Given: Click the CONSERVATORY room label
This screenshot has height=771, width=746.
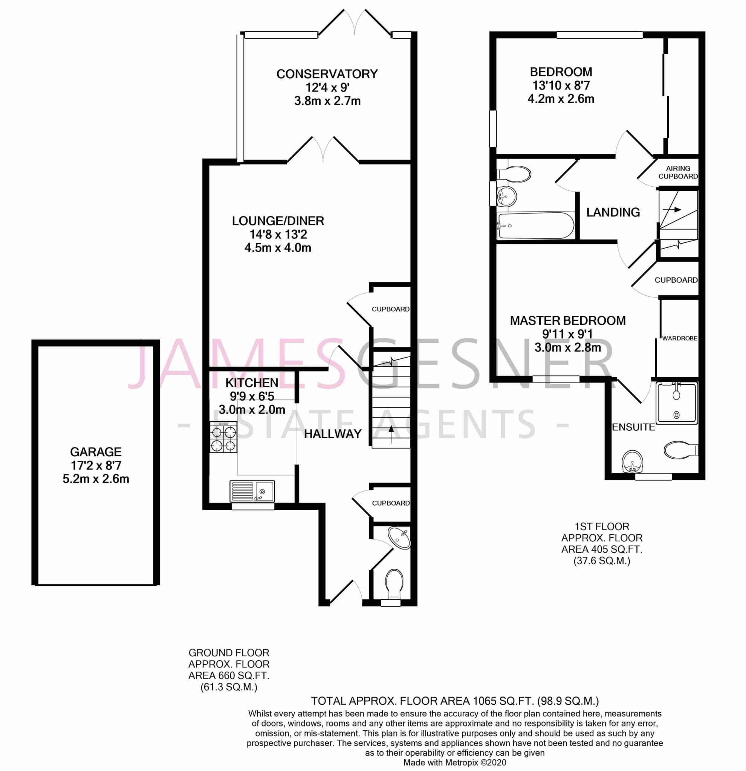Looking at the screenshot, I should (x=327, y=74).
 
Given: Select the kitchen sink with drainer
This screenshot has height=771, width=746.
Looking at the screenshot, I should (x=252, y=491).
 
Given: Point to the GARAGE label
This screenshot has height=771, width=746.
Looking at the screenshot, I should (x=96, y=452).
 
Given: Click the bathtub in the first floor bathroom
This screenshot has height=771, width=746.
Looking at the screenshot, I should (x=535, y=226).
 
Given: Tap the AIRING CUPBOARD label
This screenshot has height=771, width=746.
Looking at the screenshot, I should (x=678, y=172).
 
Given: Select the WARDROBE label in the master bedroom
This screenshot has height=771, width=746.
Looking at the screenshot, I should (x=679, y=338).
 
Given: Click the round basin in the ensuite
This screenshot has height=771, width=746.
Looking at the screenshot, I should (x=633, y=462).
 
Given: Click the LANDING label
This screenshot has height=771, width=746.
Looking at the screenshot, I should (x=613, y=212).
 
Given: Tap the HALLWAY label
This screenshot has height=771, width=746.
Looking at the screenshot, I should (x=333, y=434).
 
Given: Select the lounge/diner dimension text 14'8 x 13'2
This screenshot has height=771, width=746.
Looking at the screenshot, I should (x=278, y=235).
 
